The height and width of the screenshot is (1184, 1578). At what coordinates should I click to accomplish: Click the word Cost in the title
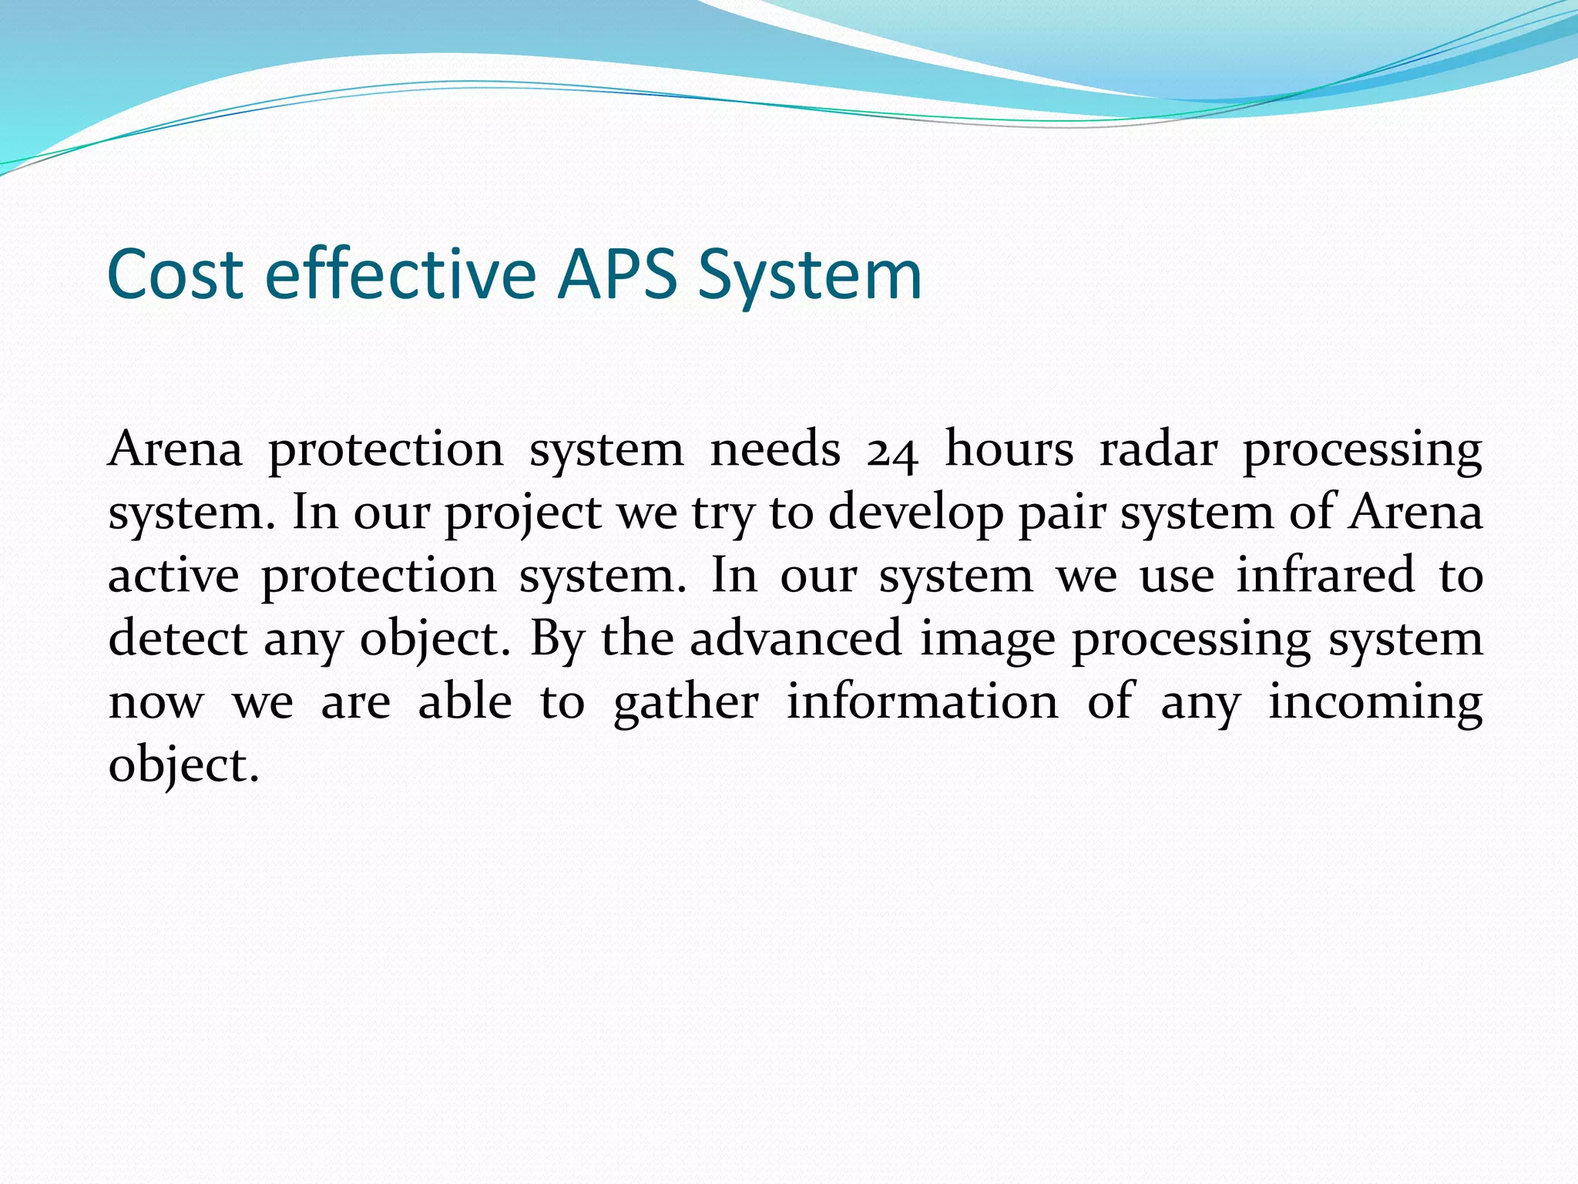(x=176, y=274)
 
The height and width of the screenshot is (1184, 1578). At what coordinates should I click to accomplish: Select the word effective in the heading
(x=400, y=274)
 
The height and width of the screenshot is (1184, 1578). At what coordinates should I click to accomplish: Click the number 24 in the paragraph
(x=892, y=451)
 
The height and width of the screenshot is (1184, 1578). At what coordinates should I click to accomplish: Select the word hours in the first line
(x=1009, y=449)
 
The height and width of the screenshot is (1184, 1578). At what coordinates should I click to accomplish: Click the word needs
(x=774, y=449)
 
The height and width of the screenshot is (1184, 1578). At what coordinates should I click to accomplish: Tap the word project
(x=523, y=514)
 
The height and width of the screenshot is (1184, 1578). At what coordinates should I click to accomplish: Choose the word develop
(x=915, y=514)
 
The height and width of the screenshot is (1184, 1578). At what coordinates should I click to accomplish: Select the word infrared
(x=1325, y=576)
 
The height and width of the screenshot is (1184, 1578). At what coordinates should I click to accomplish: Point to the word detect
(x=178, y=639)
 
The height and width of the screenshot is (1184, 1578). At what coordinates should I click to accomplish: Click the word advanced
(x=795, y=639)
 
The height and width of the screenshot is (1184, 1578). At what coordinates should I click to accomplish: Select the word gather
(x=686, y=704)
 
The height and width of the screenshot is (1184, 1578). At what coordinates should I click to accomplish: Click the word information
(x=922, y=702)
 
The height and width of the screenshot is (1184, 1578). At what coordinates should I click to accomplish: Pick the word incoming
(x=1375, y=704)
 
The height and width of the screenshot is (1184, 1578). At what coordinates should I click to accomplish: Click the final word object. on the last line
(x=183, y=767)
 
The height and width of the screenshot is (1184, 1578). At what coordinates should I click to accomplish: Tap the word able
(x=465, y=702)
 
